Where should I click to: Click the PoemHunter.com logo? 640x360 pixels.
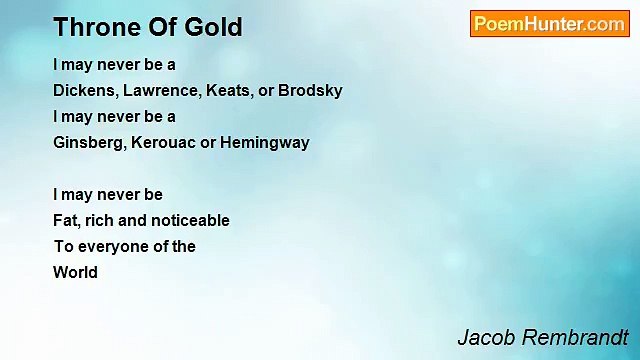click(x=549, y=24)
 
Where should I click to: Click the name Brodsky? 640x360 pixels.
click(x=310, y=90)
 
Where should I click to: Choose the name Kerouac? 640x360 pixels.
click(x=163, y=142)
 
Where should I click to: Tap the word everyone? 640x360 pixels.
click(x=111, y=246)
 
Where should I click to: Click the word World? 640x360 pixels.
click(x=75, y=272)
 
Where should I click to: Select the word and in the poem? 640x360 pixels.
click(x=135, y=220)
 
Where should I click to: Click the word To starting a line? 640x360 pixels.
click(x=63, y=246)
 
